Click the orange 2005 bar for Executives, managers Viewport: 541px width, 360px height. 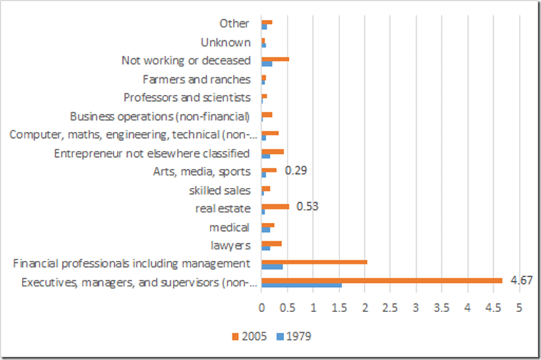pos(382,280)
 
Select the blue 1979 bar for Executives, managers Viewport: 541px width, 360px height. pos(301,285)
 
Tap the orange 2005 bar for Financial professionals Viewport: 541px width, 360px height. pos(314,262)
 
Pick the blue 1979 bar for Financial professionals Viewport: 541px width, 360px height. pos(272,266)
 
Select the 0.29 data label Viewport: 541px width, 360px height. pos(296,169)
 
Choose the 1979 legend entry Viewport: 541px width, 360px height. pos(294,336)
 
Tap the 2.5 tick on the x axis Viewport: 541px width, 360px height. pos(390,307)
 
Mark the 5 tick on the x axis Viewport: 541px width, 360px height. pos(518,307)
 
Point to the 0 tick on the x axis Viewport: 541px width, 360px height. pos(262,307)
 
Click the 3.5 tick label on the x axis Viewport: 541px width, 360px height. pos(441,307)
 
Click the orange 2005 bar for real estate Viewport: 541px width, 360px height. pos(275,206)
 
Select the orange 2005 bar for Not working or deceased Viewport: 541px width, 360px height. pos(275,59)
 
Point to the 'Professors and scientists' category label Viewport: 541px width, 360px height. pos(187,98)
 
